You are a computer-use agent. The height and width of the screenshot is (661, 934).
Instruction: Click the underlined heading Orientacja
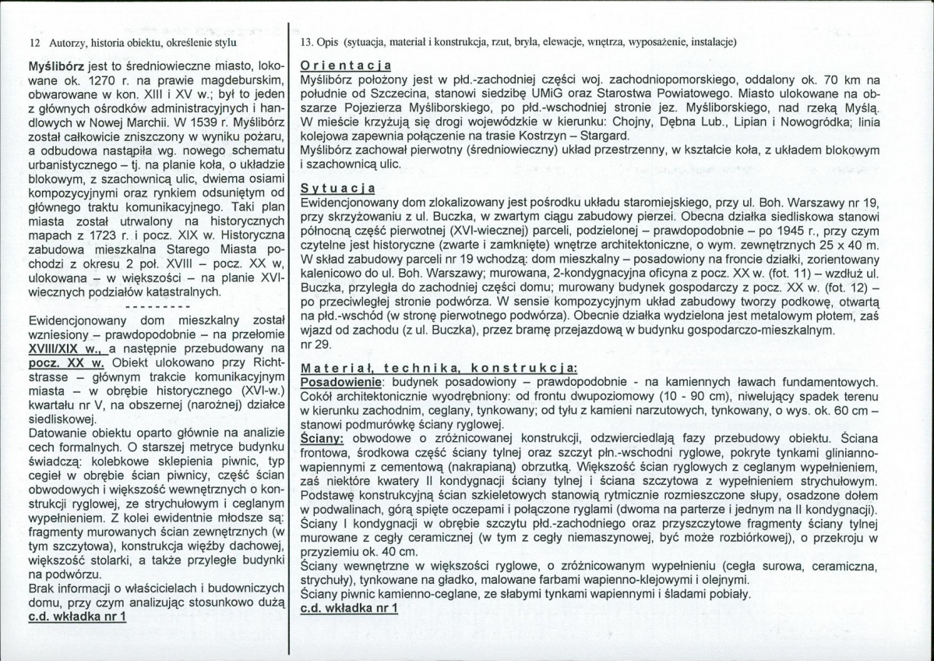(345, 65)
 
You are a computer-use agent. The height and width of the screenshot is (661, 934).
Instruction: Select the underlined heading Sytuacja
(337, 188)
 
